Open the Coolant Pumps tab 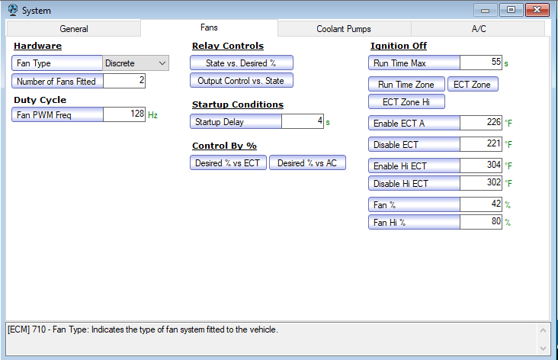coord(344,29)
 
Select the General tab coord(74,29)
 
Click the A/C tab coord(478,29)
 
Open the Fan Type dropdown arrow coord(162,63)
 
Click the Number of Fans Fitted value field coord(124,81)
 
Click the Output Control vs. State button coord(242,81)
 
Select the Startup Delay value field coord(303,121)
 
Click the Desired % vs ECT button coord(228,162)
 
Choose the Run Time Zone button coord(406,85)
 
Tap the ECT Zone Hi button coord(406,102)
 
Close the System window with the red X coord(537,10)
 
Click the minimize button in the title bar coord(485,10)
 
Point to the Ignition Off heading coord(399,46)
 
